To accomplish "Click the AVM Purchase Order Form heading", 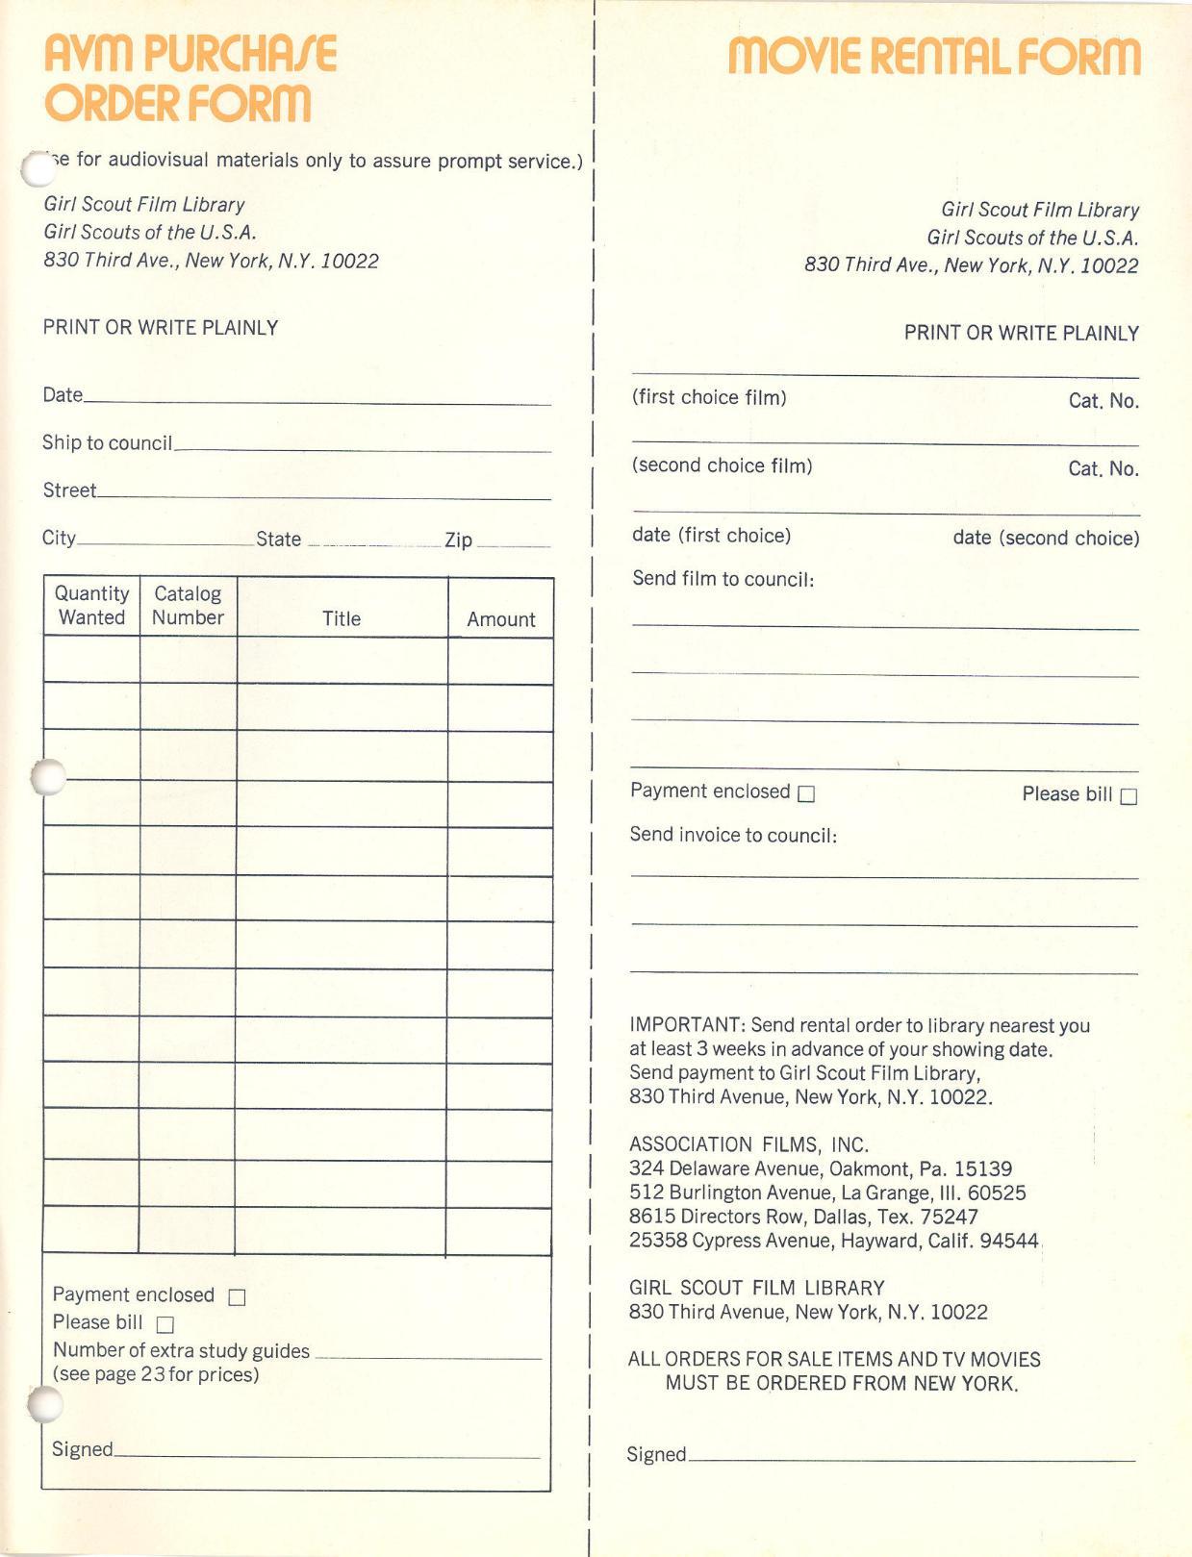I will click(x=190, y=79).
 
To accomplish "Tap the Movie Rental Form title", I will click(x=933, y=57).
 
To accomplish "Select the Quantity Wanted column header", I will click(x=91, y=606).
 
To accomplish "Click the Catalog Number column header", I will click(x=188, y=606).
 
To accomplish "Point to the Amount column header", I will click(x=500, y=619).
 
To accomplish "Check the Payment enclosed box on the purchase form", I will click(x=237, y=1297).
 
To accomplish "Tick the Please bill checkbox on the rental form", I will click(x=1129, y=796).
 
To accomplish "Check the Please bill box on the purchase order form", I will click(x=165, y=1325).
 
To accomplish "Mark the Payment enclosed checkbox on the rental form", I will click(x=806, y=793).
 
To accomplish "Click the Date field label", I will click(x=63, y=394).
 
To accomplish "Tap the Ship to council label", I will click(x=107, y=442).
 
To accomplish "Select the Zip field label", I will click(x=458, y=540).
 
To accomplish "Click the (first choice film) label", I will click(x=709, y=397).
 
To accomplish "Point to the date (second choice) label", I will click(x=1046, y=538).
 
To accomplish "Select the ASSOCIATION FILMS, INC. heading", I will click(x=748, y=1144).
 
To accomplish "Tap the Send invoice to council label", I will click(x=733, y=835).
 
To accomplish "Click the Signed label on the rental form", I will click(x=656, y=1454).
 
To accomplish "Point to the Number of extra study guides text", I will click(x=181, y=1350).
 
